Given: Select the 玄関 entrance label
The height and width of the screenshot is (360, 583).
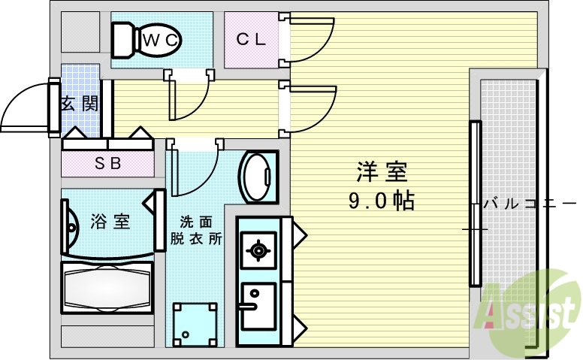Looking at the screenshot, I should pyautogui.click(x=79, y=104).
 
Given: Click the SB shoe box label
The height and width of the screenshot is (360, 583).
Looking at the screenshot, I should pyautogui.click(x=108, y=162).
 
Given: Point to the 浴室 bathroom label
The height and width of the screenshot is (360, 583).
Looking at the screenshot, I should pyautogui.click(x=110, y=222).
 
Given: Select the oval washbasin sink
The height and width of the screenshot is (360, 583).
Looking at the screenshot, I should pyautogui.click(x=258, y=176).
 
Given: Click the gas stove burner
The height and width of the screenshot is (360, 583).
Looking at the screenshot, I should pyautogui.click(x=258, y=250).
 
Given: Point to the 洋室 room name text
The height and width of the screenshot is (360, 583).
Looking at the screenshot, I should pyautogui.click(x=382, y=173).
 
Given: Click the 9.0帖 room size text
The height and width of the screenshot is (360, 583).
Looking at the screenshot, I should pyautogui.click(x=382, y=201).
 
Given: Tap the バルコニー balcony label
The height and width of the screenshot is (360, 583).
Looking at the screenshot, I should pyautogui.click(x=530, y=203).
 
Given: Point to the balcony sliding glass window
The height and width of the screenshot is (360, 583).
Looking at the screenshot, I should pyautogui.click(x=474, y=203).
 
